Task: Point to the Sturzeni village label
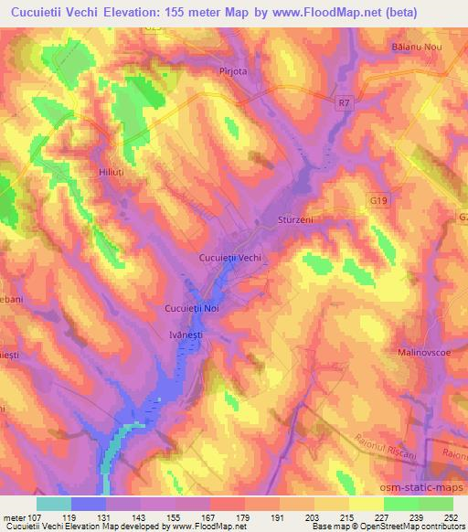(x=294, y=220)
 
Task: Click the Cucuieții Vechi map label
(x=231, y=258)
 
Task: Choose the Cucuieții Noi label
(x=192, y=309)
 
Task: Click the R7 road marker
(x=343, y=106)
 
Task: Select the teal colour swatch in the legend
(x=54, y=503)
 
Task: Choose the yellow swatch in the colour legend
(x=366, y=503)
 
